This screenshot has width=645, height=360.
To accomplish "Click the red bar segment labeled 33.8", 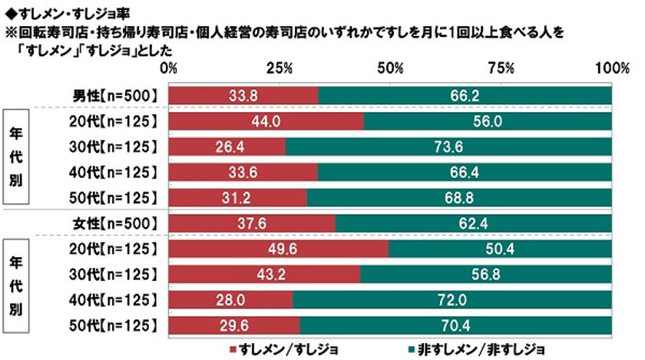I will click(x=243, y=95).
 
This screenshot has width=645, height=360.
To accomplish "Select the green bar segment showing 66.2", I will click(x=465, y=95).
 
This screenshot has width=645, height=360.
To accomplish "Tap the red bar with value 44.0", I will click(x=266, y=121).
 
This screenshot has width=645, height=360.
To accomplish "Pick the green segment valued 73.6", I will click(x=448, y=147).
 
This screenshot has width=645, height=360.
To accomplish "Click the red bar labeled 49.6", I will click(x=278, y=249).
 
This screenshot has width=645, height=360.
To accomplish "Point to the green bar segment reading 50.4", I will click(x=500, y=249).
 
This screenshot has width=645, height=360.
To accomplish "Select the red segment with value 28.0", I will click(x=230, y=299).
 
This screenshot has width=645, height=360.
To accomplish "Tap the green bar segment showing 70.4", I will click(x=455, y=325).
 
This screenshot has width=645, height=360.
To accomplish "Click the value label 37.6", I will click(x=251, y=223).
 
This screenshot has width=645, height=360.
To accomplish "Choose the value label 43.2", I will click(x=263, y=275).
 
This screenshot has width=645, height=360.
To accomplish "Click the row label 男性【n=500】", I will click(x=115, y=95).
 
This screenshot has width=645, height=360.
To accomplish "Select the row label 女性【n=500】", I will click(x=115, y=223).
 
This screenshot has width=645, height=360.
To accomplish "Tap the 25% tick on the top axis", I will click(x=279, y=68).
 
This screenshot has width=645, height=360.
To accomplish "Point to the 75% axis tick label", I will click(x=501, y=68).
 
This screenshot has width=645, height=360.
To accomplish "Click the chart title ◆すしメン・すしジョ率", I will click(x=58, y=8).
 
